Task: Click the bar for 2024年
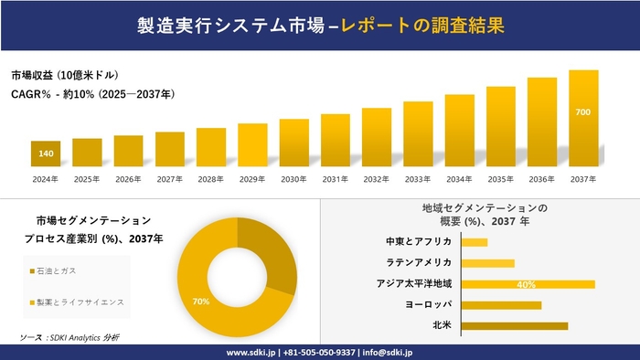click(45, 154)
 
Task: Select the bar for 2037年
click(583, 118)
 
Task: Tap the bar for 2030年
click(293, 143)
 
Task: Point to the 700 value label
click(583, 111)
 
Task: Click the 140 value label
click(45, 154)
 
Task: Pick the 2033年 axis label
click(418, 179)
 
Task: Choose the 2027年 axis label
click(169, 179)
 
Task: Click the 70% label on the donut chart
click(201, 302)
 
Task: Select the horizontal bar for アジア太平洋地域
click(528, 284)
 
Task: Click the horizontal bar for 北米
click(515, 325)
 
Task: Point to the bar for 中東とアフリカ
click(475, 242)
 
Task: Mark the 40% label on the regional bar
click(526, 284)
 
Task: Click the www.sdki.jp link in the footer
click(251, 352)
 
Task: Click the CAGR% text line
click(92, 94)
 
